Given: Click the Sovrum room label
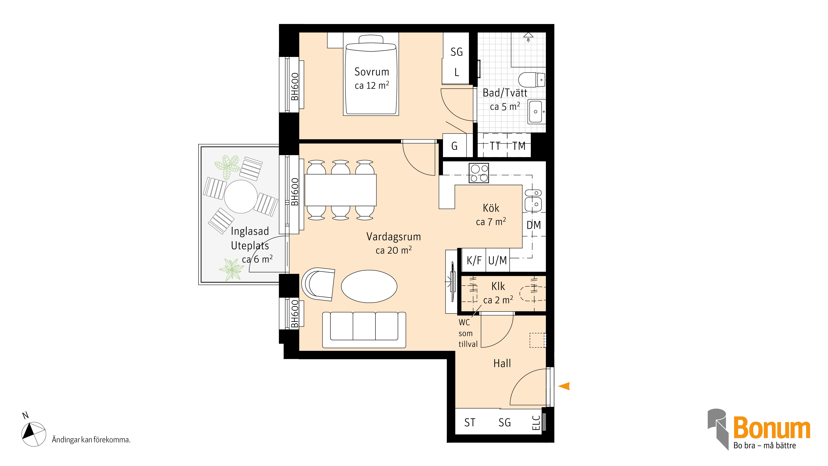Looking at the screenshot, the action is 372,72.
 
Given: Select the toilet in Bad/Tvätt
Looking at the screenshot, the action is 532,80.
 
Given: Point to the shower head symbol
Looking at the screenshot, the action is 528,37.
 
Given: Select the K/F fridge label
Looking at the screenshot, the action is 474,260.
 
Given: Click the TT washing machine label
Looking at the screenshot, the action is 495,146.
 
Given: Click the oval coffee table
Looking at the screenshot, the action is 369,286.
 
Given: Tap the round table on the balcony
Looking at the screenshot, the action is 241,197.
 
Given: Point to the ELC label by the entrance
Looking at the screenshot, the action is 536,423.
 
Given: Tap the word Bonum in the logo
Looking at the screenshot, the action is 771,428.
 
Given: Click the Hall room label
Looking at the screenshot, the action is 502,363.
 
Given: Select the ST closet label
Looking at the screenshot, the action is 470,423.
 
